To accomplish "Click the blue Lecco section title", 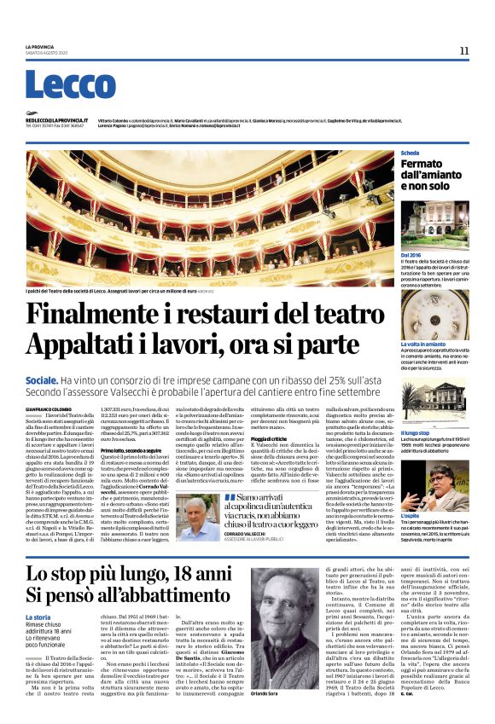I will click(x=59, y=86).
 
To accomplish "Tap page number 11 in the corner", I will click(x=464, y=51).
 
